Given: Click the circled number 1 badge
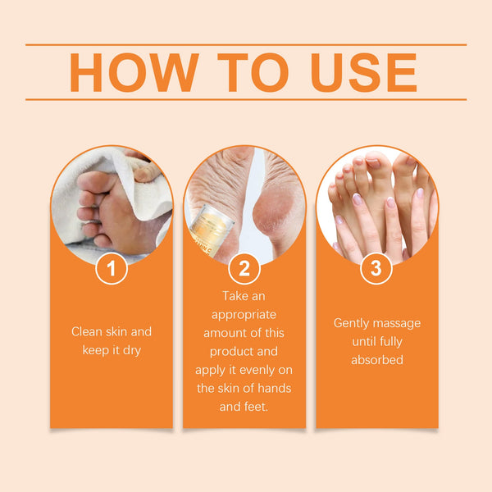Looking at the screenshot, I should (111, 268).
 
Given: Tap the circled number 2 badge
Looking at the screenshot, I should (244, 268).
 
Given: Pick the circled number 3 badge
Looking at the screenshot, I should (376, 268).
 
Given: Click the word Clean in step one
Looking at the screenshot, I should (88, 332).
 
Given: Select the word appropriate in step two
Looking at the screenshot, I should (244, 313).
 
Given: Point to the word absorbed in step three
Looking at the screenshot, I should (376, 360).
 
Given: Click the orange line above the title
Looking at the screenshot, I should (246, 45).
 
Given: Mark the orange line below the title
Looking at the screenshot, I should (246, 100).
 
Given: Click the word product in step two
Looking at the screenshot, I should (225, 351).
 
